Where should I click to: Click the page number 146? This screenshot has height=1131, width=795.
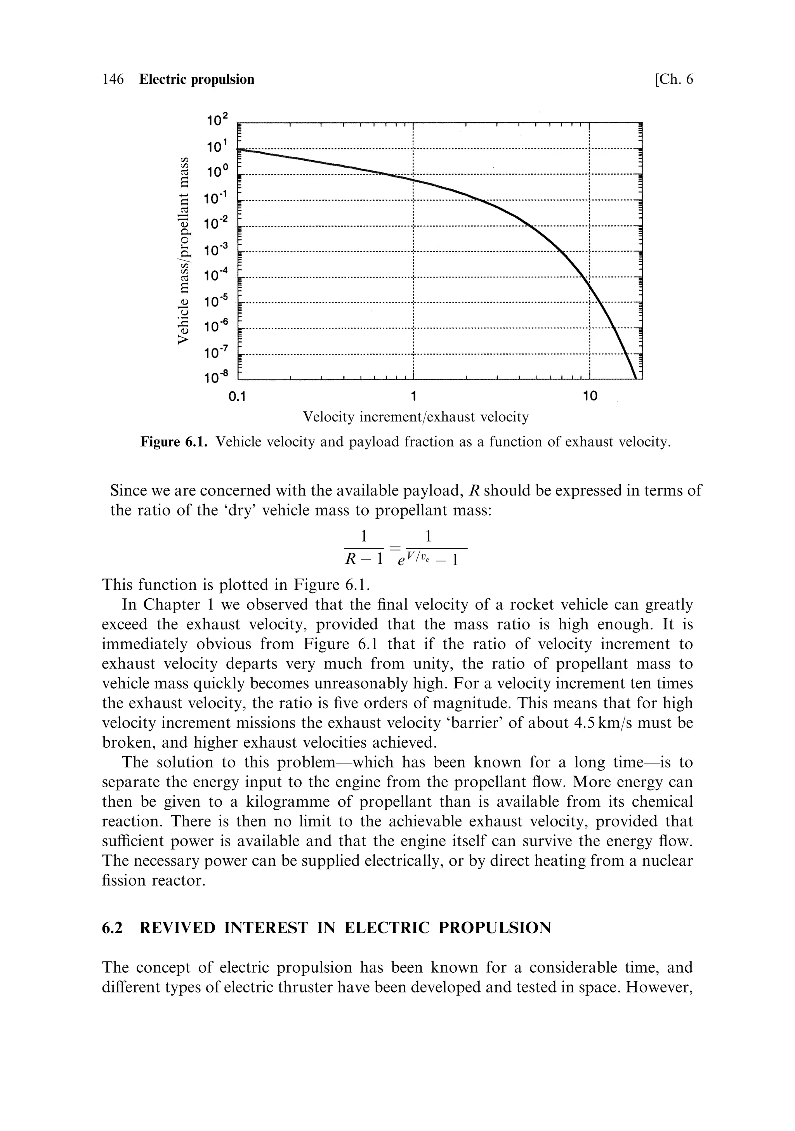(113, 79)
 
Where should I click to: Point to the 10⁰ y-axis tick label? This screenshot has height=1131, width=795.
(217, 172)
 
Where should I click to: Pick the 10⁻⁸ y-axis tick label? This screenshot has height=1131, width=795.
(217, 378)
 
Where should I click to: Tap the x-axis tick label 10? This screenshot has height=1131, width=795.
(590, 395)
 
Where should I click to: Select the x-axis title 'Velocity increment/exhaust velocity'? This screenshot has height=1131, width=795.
(415, 417)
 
